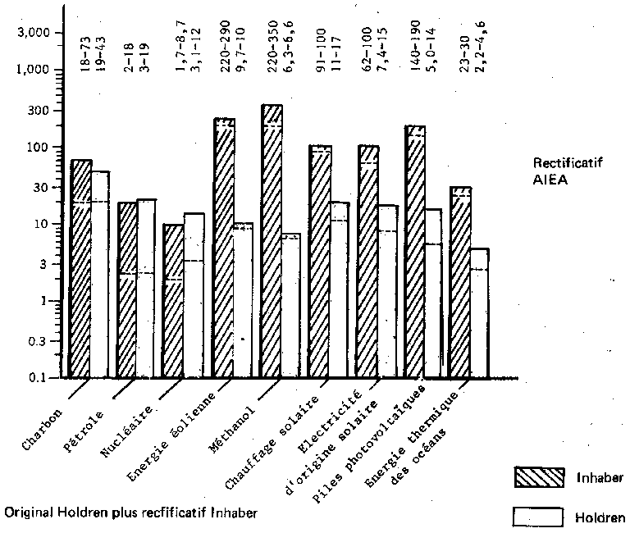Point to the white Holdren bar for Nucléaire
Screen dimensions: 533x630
coord(147,288)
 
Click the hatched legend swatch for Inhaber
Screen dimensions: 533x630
coord(540,476)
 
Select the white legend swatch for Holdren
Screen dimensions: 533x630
coord(540,517)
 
